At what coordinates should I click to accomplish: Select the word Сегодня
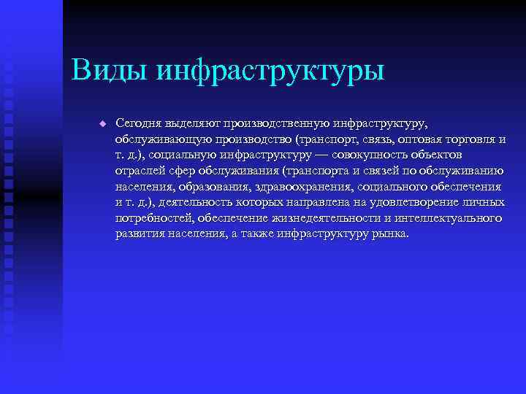click(138, 123)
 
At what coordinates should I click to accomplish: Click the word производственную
click(278, 123)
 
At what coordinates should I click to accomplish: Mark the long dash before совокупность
click(322, 155)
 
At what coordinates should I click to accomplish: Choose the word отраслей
click(138, 171)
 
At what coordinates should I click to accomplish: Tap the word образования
click(213, 187)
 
